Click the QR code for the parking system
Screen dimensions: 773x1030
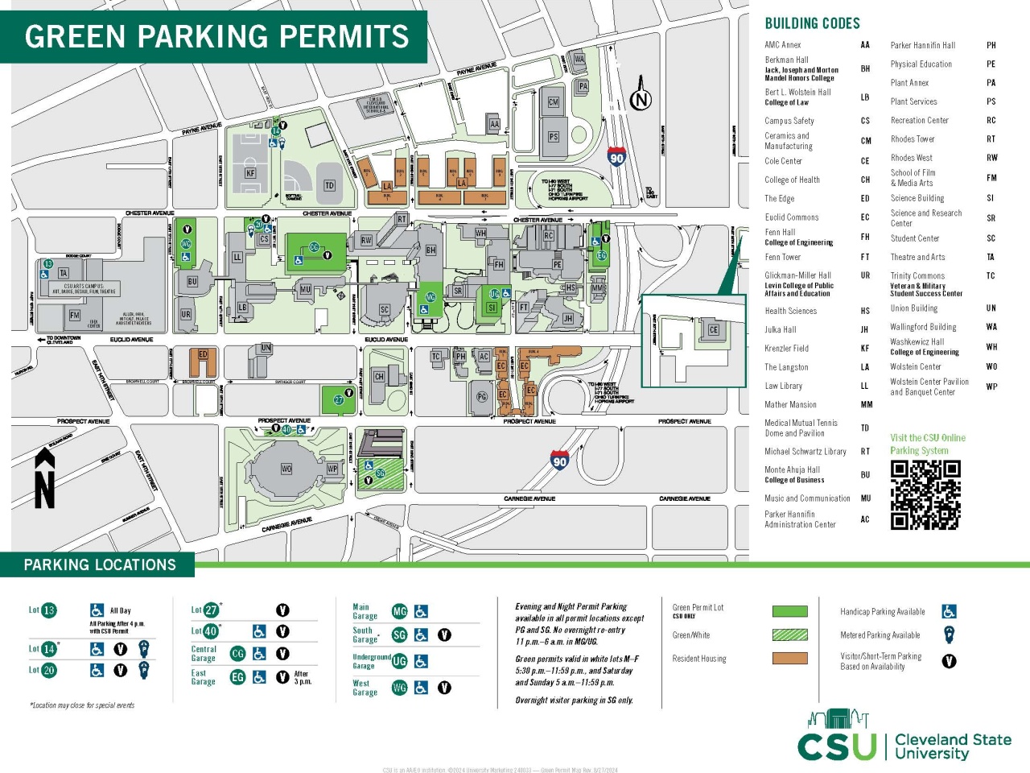pos(925,494)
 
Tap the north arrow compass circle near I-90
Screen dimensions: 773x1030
pos(641,100)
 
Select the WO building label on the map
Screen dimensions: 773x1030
pos(286,469)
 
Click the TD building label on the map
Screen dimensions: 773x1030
pos(329,185)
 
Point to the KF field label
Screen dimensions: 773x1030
pos(250,172)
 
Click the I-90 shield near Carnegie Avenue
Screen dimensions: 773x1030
pos(559,461)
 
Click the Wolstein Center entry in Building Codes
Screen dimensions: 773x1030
pos(915,366)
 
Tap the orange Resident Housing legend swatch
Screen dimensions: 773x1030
pos(789,659)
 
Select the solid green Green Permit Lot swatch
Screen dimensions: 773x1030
pos(789,611)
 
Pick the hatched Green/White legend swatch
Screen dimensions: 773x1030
pos(789,635)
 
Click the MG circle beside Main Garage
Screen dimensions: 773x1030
pos(399,611)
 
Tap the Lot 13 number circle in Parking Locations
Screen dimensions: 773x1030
pos(49,610)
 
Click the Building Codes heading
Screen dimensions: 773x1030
pos(812,23)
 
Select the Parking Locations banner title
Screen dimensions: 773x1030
pos(100,564)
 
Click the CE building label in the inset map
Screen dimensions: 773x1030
pos(714,329)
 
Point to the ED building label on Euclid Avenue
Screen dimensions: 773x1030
pos(203,354)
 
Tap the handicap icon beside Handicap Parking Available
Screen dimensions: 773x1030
pos(950,612)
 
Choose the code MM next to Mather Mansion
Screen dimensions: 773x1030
pos(866,405)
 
